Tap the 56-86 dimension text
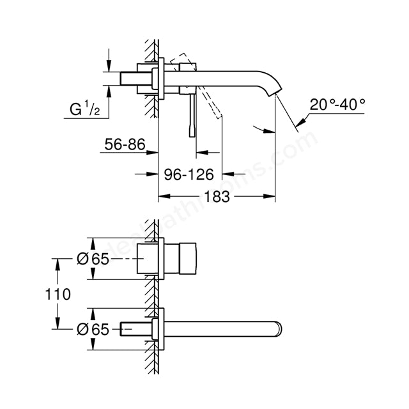coord(124,146)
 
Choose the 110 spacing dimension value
coord(58,294)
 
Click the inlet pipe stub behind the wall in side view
coord(137,79)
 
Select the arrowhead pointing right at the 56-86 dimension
coord(153,152)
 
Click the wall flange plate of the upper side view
coord(163,79)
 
